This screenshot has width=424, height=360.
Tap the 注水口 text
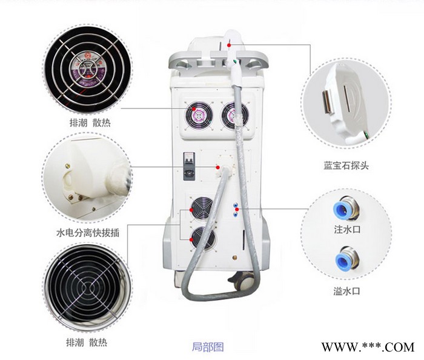coord(347,231)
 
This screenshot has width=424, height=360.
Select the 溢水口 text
coord(347,290)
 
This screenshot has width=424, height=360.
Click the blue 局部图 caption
coord(208,347)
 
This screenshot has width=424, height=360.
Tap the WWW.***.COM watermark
coord(367,347)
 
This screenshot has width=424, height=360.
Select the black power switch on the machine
coord(189,164)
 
